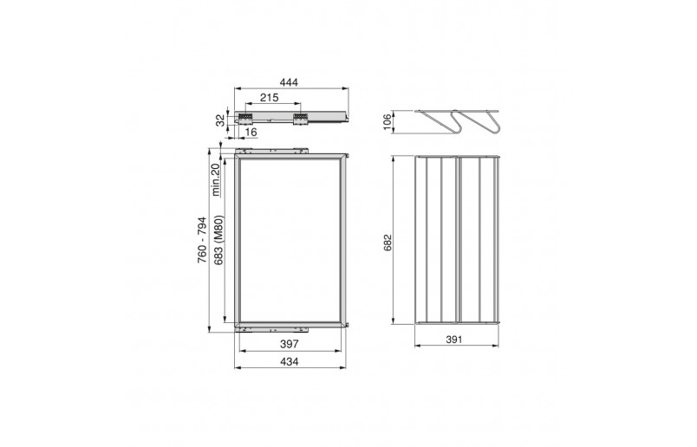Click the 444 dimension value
289,82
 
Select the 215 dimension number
270,97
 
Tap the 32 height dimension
221,120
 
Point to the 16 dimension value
251,132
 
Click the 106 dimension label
387,122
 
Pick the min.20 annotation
216,179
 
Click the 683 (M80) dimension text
218,240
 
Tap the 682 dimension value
388,243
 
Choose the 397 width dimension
290,343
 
